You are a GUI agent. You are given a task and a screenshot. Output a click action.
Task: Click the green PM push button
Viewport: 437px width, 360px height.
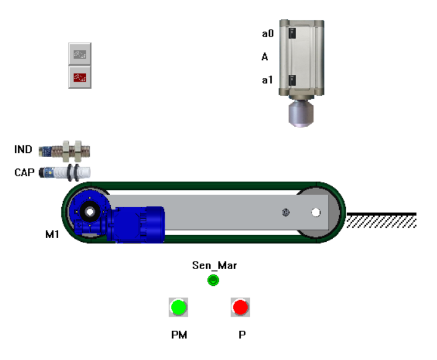178,307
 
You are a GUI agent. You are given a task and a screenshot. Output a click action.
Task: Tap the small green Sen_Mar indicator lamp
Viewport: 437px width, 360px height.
214,281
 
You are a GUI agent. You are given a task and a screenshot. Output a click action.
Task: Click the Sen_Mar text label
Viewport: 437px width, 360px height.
214,266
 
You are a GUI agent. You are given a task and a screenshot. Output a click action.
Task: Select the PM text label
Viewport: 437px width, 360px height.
179,335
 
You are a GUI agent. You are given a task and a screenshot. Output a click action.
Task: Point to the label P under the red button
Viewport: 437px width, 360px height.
242,335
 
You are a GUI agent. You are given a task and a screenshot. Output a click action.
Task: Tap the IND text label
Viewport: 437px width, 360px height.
24,150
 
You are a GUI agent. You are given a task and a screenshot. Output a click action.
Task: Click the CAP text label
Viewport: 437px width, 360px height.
24,172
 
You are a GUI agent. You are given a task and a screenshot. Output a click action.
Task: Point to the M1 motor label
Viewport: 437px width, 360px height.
51,234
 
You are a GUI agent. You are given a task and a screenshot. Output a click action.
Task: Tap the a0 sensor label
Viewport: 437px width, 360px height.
267,34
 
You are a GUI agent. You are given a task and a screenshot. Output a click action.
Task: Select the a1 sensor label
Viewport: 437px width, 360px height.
267,80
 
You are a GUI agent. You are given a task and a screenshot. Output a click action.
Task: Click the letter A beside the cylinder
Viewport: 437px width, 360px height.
265,57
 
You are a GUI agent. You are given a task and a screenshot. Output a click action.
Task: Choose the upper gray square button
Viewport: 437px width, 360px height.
80,54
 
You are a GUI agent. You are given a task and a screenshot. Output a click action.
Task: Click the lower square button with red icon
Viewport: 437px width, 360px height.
80,77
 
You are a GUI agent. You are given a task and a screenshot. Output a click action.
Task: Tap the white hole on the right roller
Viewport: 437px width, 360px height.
316,213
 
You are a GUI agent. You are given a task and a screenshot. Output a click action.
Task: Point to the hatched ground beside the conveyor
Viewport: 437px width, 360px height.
381,221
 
